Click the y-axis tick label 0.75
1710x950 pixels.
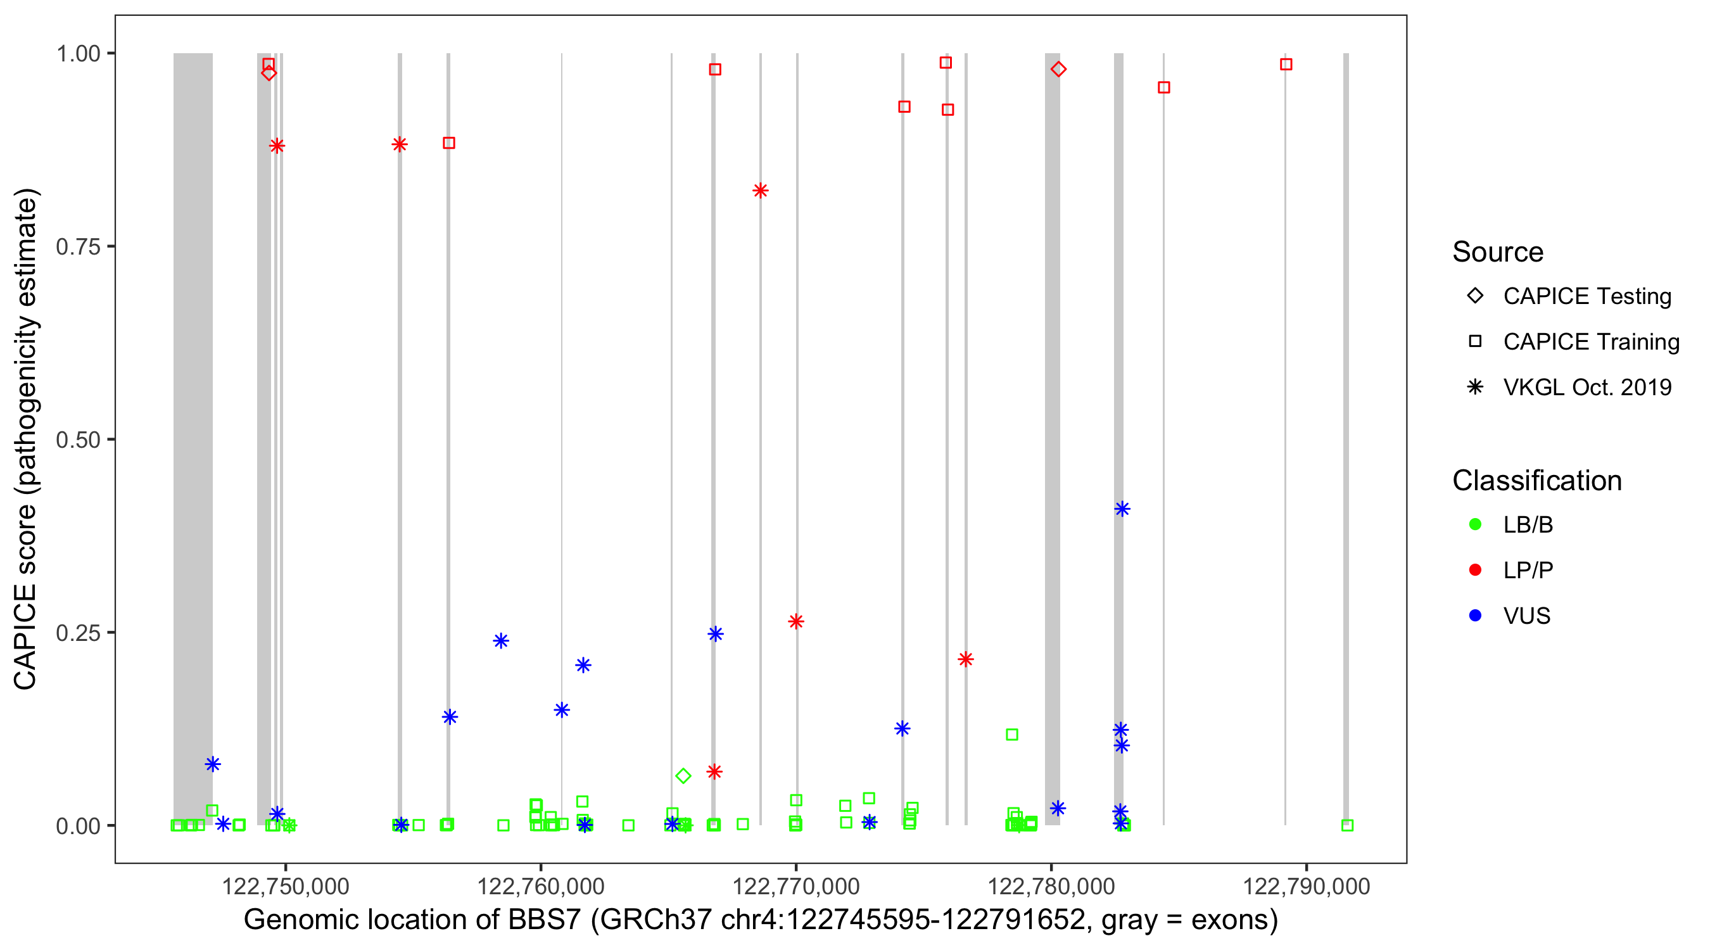[x=77, y=246]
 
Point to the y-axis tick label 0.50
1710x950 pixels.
[x=77, y=440]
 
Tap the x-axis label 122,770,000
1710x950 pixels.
[x=795, y=886]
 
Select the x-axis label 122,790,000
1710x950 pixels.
[x=1306, y=886]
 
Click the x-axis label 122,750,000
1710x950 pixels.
[x=286, y=886]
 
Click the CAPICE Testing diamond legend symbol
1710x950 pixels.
[x=1475, y=296]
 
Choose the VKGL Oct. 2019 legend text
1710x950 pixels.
[x=1586, y=387]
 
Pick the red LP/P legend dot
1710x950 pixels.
[x=1475, y=570]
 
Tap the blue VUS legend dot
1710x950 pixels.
[x=1475, y=616]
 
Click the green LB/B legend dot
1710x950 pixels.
[x=1475, y=524]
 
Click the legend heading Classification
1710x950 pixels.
[x=1536, y=481]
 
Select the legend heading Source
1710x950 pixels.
[x=1497, y=252]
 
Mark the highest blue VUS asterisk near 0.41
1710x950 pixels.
[x=1122, y=509]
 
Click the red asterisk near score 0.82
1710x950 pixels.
[x=760, y=191]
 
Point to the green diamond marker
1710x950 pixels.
[x=683, y=775]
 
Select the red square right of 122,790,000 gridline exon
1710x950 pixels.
[x=1286, y=65]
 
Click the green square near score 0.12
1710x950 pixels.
[x=1011, y=734]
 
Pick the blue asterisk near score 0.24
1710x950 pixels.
[x=501, y=641]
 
